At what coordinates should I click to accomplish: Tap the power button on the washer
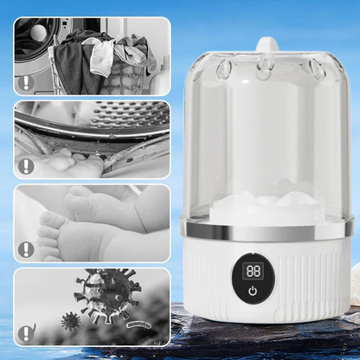[x=253, y=292]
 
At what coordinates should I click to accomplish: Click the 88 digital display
[x=253, y=271]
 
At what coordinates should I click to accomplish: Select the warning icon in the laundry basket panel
[x=26, y=83]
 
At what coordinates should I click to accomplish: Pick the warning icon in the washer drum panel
[x=26, y=166]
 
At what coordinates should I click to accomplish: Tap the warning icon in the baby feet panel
[x=26, y=249]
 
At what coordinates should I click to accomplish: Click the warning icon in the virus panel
[x=26, y=332]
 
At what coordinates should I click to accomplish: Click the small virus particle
[x=71, y=320]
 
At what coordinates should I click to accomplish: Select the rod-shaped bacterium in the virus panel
[x=139, y=325]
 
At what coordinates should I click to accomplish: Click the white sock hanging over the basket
[x=101, y=57]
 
